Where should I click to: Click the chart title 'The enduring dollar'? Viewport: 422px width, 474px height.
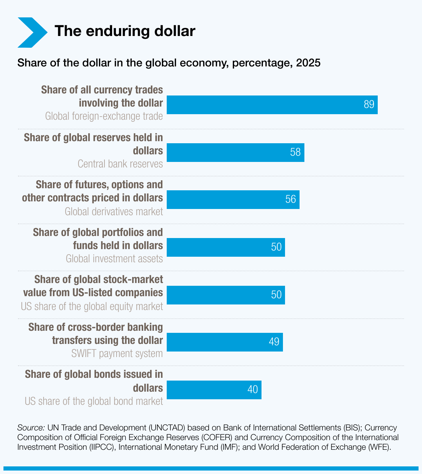coord(125,31)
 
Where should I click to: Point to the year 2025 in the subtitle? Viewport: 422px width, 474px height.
coord(308,63)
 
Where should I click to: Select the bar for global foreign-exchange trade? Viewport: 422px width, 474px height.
coord(263,105)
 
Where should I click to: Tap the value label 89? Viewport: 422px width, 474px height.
coord(369,104)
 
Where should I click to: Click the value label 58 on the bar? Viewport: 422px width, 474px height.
coord(295,152)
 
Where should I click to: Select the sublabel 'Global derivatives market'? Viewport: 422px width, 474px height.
coord(114,211)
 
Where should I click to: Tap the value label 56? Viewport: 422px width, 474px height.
coord(291,199)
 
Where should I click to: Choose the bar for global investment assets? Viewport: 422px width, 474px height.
coord(218,247)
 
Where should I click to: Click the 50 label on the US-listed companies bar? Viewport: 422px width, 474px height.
coord(276,295)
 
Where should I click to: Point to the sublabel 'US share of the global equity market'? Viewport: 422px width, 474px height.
coord(92,306)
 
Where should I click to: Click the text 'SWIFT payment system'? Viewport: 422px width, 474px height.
coord(117,354)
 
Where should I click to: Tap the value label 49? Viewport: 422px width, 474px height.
coord(274,342)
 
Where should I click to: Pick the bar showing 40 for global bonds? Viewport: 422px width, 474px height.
coord(208,390)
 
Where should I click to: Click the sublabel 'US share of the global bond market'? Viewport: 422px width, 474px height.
coord(94,401)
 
